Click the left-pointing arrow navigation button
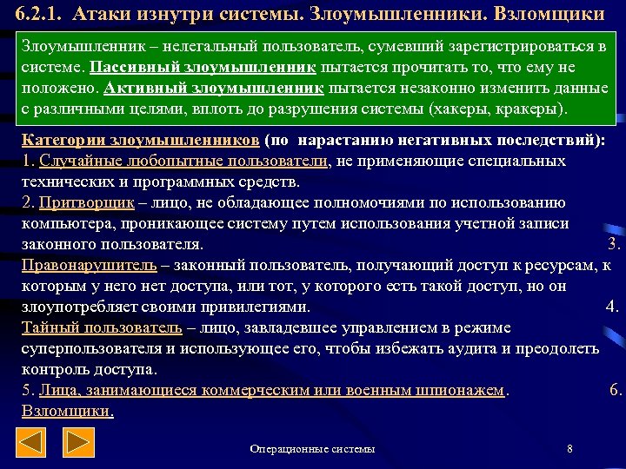click(x=32, y=445)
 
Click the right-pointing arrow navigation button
click(x=81, y=445)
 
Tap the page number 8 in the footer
click(x=569, y=449)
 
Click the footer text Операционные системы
click(x=312, y=449)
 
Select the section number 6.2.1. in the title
click(x=35, y=15)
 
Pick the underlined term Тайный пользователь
click(x=102, y=328)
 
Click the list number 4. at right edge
click(x=612, y=307)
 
